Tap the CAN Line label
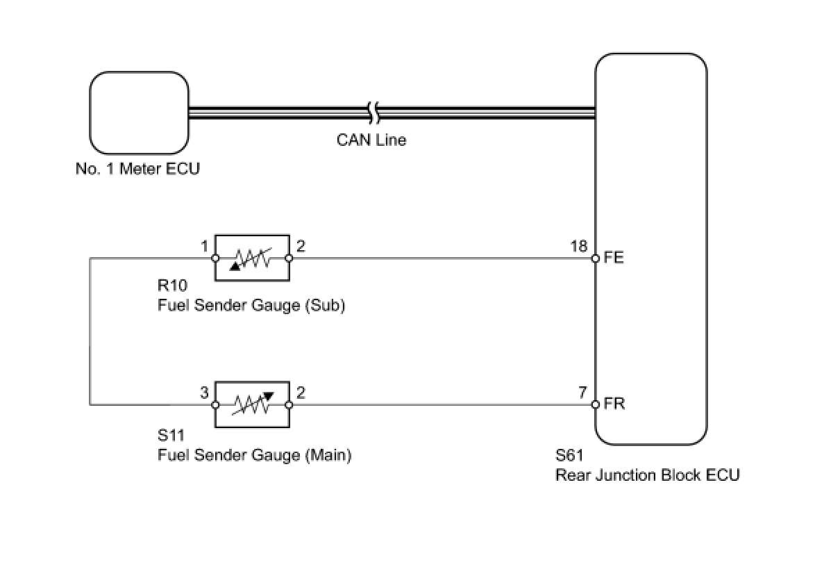click(371, 140)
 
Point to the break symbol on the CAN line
click(373, 113)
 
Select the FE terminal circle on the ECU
click(595, 258)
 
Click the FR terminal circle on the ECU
click(595, 404)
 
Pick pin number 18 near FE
click(578, 246)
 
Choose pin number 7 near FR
click(582, 393)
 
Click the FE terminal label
click(614, 257)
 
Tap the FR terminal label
click(614, 404)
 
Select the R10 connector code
click(172, 286)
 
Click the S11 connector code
click(171, 435)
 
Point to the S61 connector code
click(569, 455)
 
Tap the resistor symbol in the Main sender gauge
click(252, 404)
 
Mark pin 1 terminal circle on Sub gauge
click(215, 258)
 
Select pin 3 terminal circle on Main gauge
click(215, 404)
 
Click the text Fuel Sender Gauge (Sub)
click(251, 306)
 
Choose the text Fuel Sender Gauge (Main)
click(255, 455)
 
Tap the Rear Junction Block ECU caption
click(647, 475)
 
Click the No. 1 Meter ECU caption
click(137, 169)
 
